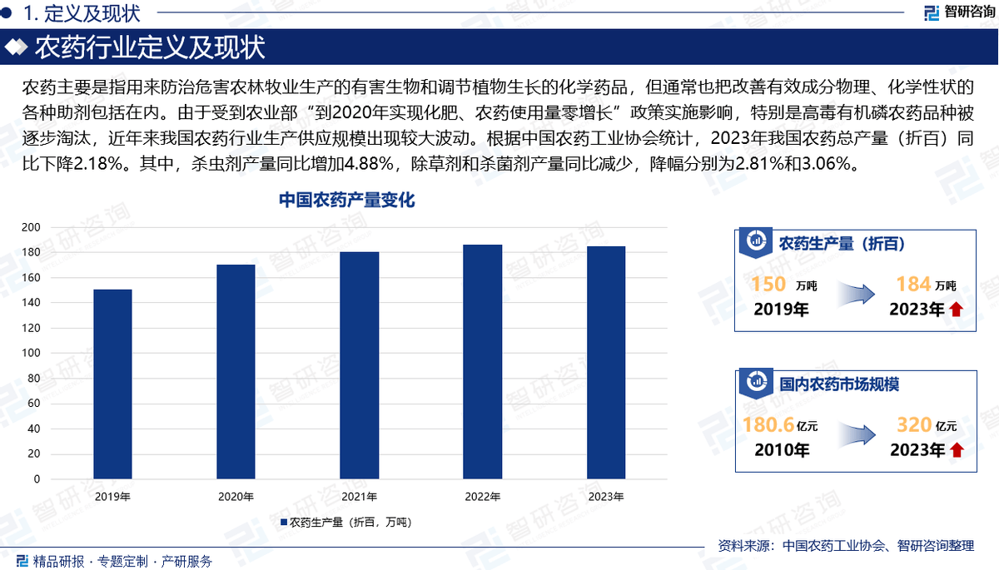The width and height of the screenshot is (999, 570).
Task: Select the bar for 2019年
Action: [112, 384]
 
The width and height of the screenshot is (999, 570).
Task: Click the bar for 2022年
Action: [482, 362]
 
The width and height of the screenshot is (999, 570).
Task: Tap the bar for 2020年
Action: [236, 372]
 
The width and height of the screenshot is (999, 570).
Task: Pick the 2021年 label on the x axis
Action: [359, 497]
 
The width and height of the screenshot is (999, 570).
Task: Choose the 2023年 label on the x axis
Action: [605, 497]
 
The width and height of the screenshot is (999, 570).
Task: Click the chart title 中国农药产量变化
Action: [346, 201]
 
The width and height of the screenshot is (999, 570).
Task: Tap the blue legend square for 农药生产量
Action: [284, 523]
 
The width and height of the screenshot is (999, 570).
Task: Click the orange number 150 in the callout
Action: [768, 285]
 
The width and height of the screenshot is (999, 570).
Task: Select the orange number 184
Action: [913, 285]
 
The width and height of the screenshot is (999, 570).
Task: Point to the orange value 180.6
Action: [768, 425]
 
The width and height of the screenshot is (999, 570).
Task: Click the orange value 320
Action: [913, 425]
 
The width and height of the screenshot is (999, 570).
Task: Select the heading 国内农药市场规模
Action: [839, 385]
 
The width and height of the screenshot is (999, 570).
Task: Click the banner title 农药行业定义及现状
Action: [150, 47]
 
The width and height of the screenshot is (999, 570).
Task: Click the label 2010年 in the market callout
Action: [782, 450]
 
